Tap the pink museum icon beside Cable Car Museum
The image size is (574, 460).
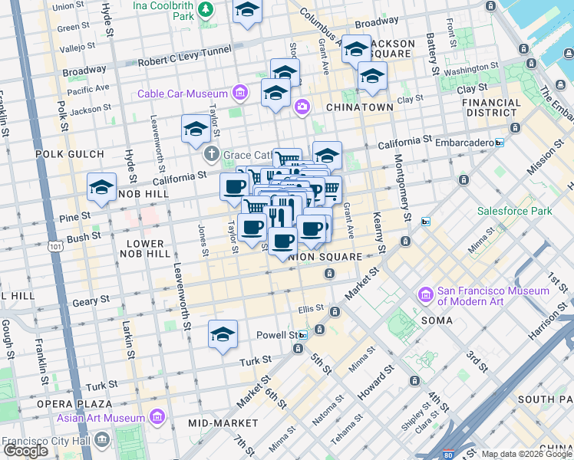coord(240,94)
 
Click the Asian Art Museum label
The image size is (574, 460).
coord(101,418)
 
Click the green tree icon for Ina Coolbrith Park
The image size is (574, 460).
coord(205,9)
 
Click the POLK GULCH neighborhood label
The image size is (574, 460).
coord(69,154)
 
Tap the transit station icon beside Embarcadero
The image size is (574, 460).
coord(499,143)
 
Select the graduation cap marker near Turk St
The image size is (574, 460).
coord(223,334)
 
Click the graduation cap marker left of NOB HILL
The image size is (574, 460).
coord(101,187)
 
